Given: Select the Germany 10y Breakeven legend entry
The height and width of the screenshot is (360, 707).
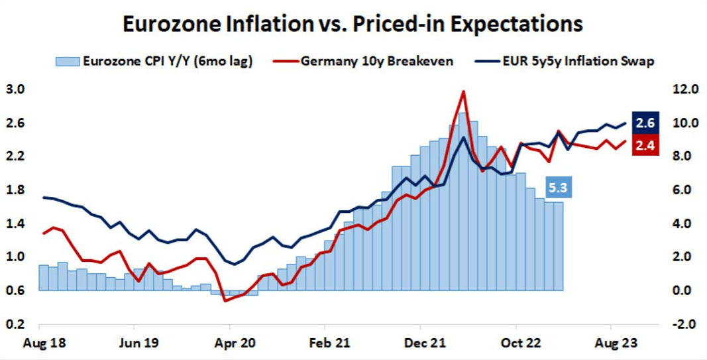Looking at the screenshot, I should pyautogui.click(x=377, y=62).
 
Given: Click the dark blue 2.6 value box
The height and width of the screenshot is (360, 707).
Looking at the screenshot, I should pyautogui.click(x=645, y=123).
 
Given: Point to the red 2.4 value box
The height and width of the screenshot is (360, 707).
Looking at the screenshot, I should pyautogui.click(x=645, y=146).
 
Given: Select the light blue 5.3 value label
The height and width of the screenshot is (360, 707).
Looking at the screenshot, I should pyautogui.click(x=558, y=188).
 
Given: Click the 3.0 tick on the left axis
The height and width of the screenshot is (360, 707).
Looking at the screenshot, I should pyautogui.click(x=15, y=90).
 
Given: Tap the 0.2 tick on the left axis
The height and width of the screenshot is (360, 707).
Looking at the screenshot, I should pyautogui.click(x=15, y=324).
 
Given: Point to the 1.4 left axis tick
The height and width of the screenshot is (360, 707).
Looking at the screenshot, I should pyautogui.click(x=15, y=223).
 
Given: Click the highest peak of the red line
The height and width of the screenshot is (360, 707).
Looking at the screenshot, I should pyautogui.click(x=463, y=91).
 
